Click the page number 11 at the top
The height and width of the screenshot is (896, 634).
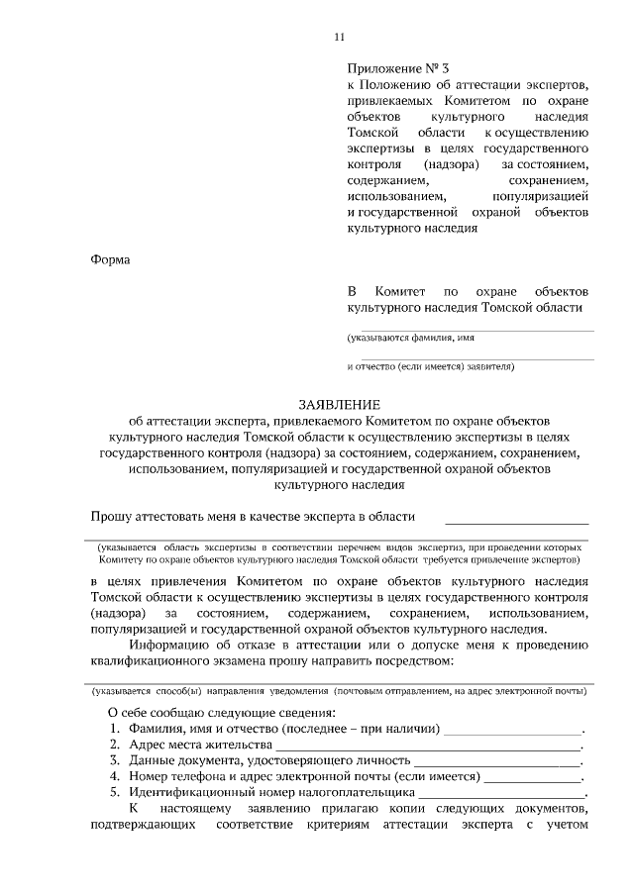point(339,38)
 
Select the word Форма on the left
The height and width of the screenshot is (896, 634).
point(109,259)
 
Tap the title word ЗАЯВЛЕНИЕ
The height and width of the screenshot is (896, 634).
point(340,405)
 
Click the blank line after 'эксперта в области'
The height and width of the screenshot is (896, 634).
point(516,517)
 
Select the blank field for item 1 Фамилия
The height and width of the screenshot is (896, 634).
point(512,729)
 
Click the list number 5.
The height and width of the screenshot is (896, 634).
point(114,792)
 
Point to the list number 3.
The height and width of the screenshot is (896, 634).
point(114,760)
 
